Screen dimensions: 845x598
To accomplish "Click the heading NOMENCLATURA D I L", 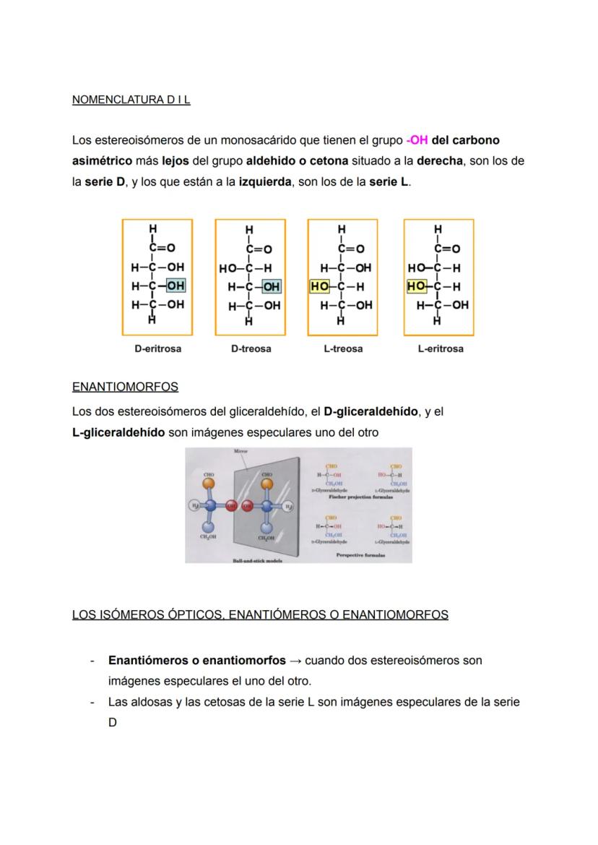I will pos(131,100).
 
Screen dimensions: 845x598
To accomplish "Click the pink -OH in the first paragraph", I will pos(417,140).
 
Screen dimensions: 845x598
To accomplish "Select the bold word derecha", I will pos(440,160).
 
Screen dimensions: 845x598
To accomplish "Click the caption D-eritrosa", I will pos(157,348).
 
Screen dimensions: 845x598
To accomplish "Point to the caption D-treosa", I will pos(251,348).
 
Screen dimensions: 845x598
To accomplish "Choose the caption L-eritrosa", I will pos(440,348).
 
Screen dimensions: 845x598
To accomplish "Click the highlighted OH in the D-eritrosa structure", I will pos(175,286).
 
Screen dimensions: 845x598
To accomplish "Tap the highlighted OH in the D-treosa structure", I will pos(271,287).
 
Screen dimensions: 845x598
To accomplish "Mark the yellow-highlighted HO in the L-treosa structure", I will pos(319,287).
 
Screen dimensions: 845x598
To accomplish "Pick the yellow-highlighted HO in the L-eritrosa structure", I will pos(416,287).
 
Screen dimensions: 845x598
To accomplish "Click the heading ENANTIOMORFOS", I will pos(125,387).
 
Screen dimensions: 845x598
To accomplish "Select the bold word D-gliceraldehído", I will pos(370,411).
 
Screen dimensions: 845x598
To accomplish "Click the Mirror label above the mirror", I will pos(240,451).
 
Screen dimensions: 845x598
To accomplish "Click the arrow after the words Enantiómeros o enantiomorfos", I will pos(295,661).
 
